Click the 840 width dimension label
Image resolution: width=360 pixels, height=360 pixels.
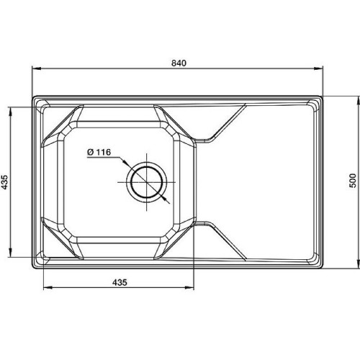click(x=179, y=63)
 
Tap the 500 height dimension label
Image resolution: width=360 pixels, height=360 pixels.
click(x=353, y=181)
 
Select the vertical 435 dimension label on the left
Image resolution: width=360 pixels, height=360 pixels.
click(x=4, y=182)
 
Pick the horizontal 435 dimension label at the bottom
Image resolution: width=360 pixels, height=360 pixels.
click(x=120, y=282)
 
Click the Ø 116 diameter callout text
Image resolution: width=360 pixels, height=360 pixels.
click(x=99, y=152)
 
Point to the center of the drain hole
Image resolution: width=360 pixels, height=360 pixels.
click(x=147, y=182)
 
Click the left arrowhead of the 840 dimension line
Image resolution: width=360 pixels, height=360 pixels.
click(x=36, y=68)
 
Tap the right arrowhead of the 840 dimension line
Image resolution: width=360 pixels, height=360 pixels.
click(x=319, y=68)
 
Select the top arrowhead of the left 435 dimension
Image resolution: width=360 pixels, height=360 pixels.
click(x=10, y=111)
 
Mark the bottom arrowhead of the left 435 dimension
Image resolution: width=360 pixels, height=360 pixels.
click(x=10, y=253)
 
